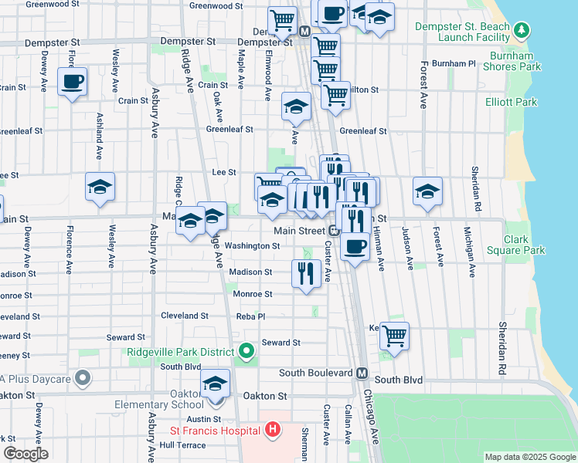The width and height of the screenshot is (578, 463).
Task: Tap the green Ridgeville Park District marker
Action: (246, 353)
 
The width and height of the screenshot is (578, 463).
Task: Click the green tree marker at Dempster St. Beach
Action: (523, 30)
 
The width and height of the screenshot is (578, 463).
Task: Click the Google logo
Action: (25, 454)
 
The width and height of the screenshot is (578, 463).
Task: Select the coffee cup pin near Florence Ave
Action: (72, 81)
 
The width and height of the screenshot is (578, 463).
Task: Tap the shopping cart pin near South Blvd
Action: (394, 336)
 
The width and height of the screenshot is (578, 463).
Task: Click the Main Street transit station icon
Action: (334, 231)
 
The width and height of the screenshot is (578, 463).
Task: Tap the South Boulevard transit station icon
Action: (361, 373)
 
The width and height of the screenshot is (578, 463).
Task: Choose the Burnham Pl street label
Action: (454, 63)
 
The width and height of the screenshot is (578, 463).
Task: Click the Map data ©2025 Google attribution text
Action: (529, 457)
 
